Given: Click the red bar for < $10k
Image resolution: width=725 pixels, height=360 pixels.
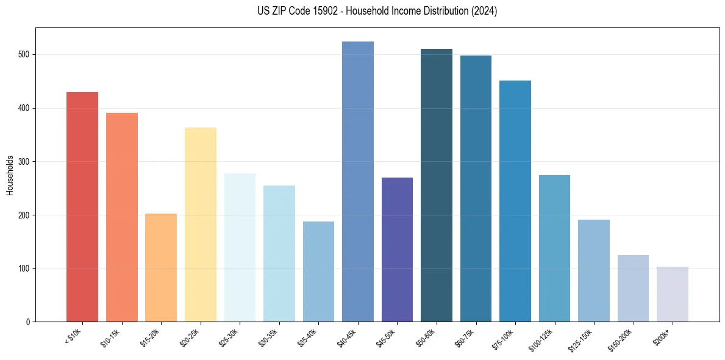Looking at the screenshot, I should click(x=82, y=207).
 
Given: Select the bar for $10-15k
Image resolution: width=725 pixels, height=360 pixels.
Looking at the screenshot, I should click(x=121, y=217).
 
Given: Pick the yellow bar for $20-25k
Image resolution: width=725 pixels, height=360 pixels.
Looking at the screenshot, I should click(x=200, y=225).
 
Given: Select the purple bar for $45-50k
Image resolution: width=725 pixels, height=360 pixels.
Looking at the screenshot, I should click(x=397, y=250).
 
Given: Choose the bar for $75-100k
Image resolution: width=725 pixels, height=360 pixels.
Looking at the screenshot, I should click(x=515, y=201).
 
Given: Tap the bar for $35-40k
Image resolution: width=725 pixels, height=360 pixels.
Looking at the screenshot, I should click(x=318, y=272).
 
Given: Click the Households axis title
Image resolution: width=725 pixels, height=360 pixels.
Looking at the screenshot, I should click(x=10, y=175).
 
